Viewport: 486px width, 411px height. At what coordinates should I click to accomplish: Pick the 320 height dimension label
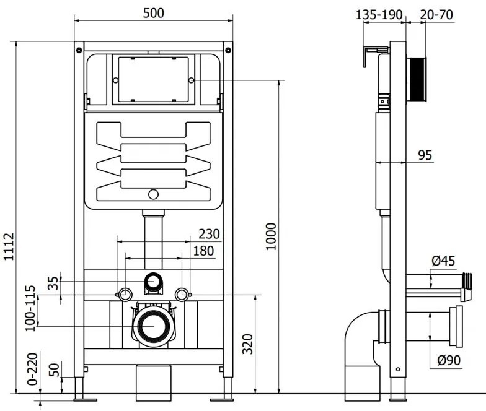246,344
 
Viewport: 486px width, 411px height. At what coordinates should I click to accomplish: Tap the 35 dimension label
54,283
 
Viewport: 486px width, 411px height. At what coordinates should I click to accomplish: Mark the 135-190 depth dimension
379,14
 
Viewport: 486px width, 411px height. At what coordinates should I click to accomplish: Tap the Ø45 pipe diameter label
444,261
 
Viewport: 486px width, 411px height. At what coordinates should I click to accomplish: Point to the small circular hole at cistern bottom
152,195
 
